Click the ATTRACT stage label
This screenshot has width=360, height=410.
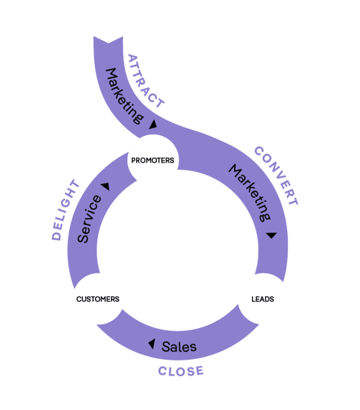click(x=145, y=80)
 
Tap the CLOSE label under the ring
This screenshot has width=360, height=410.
click(x=181, y=371)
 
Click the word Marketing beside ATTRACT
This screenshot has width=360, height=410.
click(x=122, y=92)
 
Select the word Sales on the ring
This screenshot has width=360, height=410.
click(x=179, y=347)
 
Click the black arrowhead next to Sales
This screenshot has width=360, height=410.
click(x=151, y=344)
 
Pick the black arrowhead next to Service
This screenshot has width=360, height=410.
click(x=105, y=186)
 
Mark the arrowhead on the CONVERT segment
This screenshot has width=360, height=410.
click(x=271, y=235)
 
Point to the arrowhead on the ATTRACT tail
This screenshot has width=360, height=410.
click(x=153, y=125)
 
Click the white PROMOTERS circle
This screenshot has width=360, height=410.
click(x=153, y=160)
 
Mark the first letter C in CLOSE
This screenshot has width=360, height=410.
click(x=163, y=371)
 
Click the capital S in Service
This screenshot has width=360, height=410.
click(x=84, y=237)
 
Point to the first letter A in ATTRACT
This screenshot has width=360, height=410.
click(x=132, y=58)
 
